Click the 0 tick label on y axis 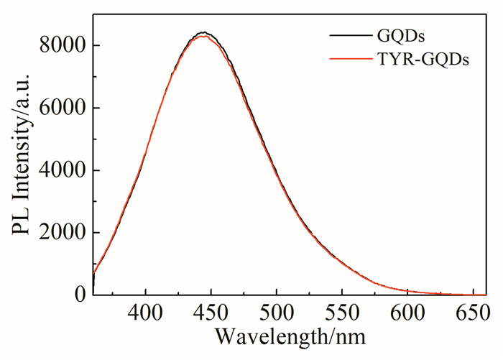pyautogui.click(x=80, y=295)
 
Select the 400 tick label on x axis pyautogui.click(x=146, y=315)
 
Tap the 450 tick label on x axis pyautogui.click(x=211, y=315)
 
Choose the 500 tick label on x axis pyautogui.click(x=277, y=315)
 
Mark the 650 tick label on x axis pyautogui.click(x=472, y=315)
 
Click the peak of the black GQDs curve pyautogui.click(x=204, y=32)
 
